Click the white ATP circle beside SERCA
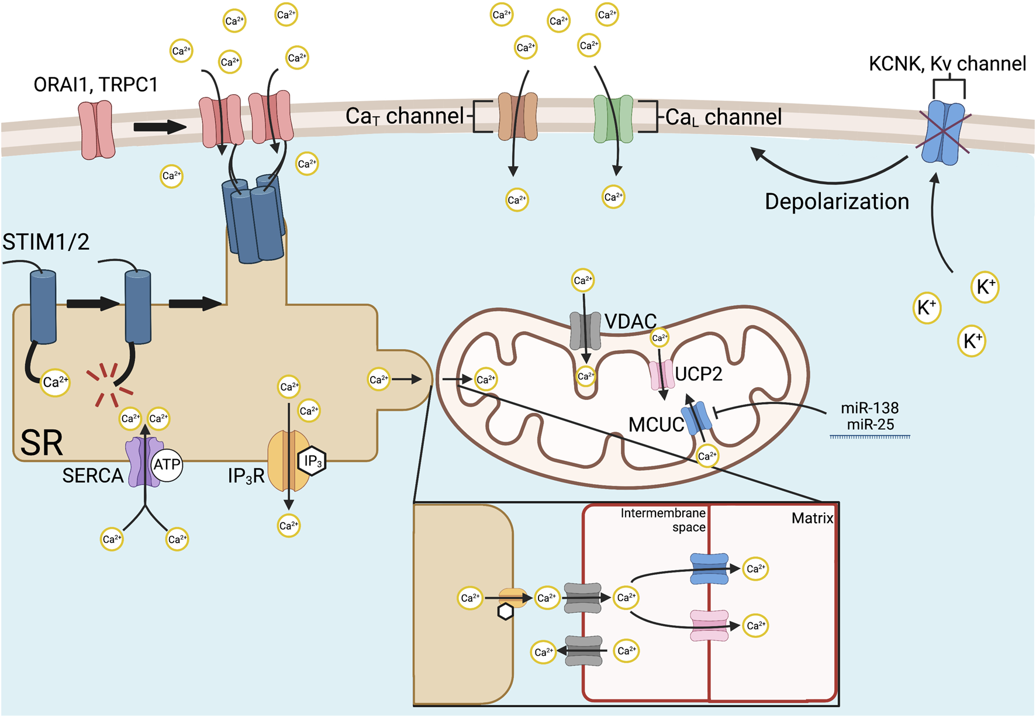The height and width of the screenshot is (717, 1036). [x=167, y=465]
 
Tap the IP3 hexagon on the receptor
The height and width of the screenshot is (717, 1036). [x=312, y=461]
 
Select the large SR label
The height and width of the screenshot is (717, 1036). [x=41, y=443]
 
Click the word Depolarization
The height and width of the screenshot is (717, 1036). [x=837, y=202]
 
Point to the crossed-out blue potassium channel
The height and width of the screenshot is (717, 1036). [x=942, y=133]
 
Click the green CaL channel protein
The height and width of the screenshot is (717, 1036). [x=613, y=119]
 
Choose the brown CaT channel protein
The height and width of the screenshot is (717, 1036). [x=517, y=116]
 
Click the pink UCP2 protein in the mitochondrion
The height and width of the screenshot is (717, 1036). [x=662, y=375]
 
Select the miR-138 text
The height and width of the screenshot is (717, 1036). [x=869, y=408]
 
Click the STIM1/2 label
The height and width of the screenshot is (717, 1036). [x=46, y=242]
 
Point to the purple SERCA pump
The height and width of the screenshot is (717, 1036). [x=143, y=462]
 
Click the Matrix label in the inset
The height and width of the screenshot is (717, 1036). [x=812, y=518]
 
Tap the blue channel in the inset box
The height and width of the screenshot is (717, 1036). [x=709, y=569]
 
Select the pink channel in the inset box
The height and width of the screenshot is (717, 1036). [x=709, y=626]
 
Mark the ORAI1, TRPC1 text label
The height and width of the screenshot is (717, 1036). [x=96, y=85]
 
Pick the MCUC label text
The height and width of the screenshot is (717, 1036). [x=655, y=425]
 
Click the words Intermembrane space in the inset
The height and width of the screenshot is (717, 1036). [x=664, y=520]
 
